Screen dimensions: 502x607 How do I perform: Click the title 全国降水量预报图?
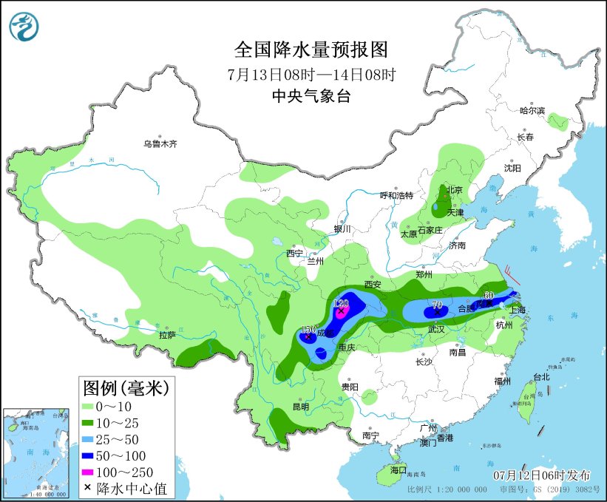(311, 50)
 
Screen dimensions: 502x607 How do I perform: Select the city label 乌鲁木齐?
(160, 143)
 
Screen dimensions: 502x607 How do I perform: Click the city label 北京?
(453, 190)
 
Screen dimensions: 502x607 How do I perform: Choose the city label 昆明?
(300, 407)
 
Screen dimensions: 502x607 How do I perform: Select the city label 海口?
(399, 470)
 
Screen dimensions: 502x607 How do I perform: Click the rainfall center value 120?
(341, 303)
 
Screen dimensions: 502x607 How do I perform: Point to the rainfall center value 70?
(437, 305)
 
